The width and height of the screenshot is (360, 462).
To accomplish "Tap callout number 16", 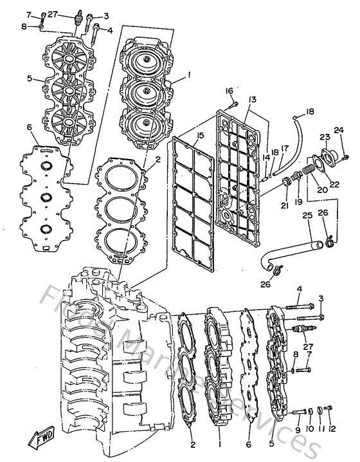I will (230, 91).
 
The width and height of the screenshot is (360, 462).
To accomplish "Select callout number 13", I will (252, 99).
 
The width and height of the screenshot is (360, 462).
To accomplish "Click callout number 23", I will (325, 136).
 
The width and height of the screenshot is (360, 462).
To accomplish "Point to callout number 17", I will (284, 147).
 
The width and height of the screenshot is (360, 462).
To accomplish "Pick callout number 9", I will (298, 429).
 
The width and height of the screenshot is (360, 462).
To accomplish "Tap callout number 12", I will (332, 429).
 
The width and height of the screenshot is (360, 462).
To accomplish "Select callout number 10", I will (309, 429).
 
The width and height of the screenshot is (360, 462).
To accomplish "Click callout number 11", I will (321, 429).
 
